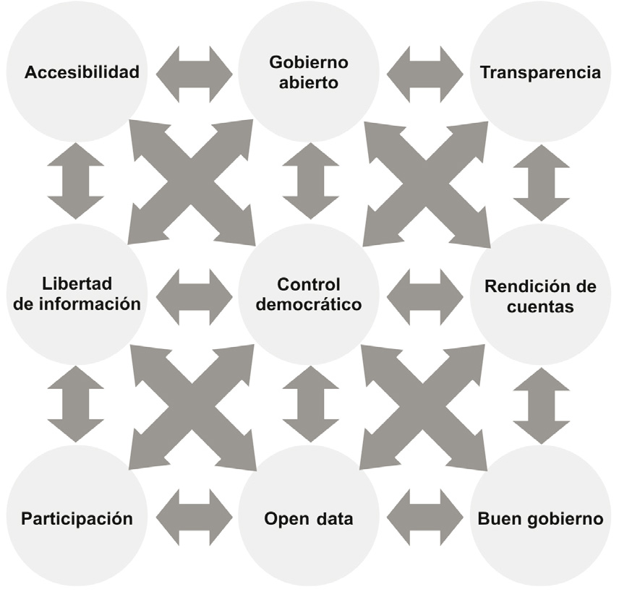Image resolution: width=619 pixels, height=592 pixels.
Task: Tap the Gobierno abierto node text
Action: [309, 72]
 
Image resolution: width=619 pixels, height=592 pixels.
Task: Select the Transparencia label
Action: [540, 73]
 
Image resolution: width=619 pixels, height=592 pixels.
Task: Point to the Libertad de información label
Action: [77, 294]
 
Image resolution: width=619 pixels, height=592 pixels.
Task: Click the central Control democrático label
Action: [309, 294]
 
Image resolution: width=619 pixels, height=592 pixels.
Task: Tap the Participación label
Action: [77, 518]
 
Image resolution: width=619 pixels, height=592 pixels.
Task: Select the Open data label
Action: [309, 518]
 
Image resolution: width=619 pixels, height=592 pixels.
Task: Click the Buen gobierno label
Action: [540, 518]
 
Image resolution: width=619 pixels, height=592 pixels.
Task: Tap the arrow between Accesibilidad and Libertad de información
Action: [76, 181]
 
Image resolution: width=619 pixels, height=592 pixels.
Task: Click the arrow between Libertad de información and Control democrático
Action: [194, 296]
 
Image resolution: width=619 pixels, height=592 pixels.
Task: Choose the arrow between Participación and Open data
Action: [194, 518]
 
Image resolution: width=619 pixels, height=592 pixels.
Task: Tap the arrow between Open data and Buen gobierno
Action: [425, 518]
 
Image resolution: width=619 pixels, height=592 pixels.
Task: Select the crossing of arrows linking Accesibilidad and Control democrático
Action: [192, 182]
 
